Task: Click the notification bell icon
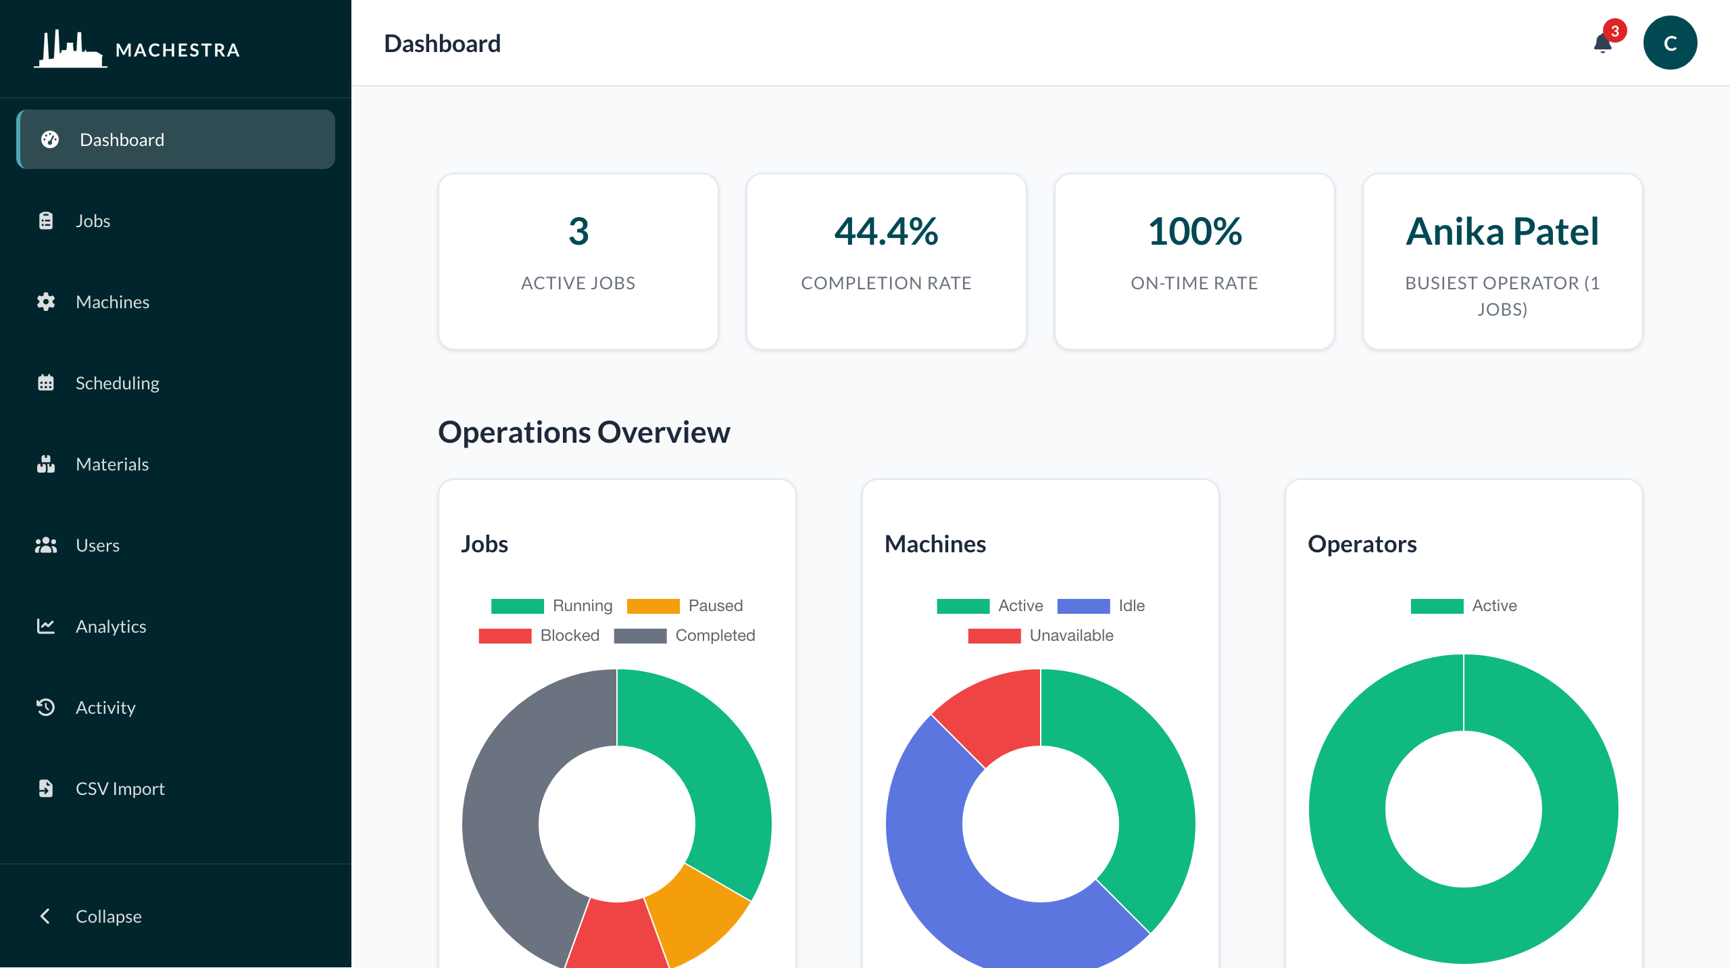[1602, 44]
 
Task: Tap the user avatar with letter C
[1670, 43]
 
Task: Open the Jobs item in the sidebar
[93, 221]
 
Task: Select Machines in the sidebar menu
[112, 302]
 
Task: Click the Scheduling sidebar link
[117, 383]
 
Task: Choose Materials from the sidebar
[112, 464]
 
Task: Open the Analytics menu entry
[110, 627]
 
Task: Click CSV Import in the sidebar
[120, 789]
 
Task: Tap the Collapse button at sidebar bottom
[108, 917]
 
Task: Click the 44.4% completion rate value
[886, 231]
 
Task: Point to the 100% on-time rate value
[1194, 231]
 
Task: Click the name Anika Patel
[1502, 231]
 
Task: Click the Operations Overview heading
[584, 432]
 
